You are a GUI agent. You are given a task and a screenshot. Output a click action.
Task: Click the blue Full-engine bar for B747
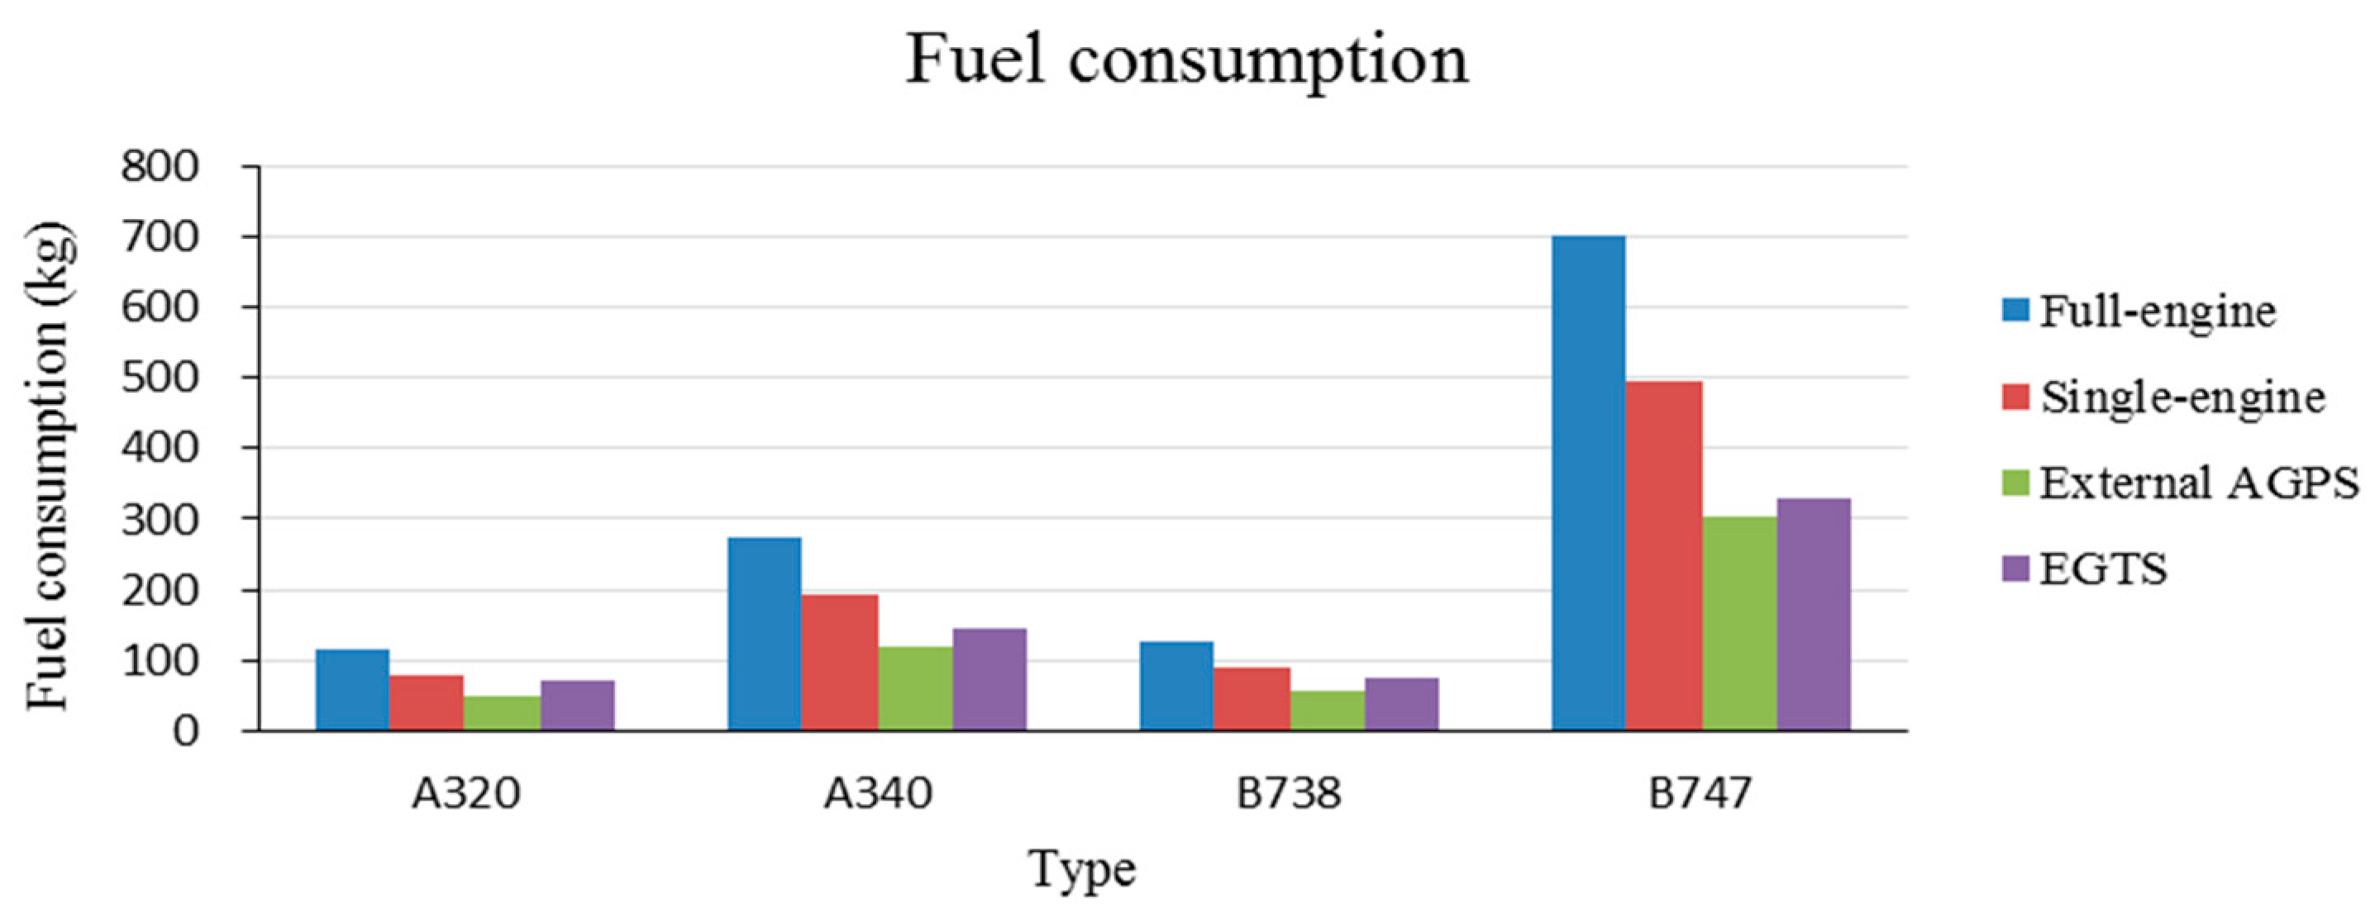(1588, 483)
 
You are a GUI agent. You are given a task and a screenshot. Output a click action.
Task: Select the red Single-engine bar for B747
(1663, 556)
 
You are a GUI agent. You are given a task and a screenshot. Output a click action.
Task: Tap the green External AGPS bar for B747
(1738, 624)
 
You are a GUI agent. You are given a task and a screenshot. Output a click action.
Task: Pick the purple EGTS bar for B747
(1814, 615)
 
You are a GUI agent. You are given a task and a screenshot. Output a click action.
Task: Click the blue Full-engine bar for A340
(765, 634)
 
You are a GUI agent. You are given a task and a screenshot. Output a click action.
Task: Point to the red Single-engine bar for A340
(839, 663)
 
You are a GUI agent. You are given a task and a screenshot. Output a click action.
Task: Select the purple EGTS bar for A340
(990, 679)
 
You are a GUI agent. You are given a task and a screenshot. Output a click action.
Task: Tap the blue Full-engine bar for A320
(352, 689)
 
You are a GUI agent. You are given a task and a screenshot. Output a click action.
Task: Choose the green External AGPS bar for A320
(502, 712)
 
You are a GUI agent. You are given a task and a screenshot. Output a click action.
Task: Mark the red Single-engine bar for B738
(1251, 699)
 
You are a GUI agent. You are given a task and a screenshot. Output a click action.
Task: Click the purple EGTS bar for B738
(1401, 704)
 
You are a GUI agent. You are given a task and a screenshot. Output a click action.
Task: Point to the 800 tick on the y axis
(160, 167)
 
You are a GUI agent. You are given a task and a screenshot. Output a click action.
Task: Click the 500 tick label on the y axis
(160, 378)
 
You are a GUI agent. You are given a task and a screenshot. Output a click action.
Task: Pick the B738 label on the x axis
(1288, 793)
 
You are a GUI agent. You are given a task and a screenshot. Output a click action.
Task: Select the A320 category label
(465, 793)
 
